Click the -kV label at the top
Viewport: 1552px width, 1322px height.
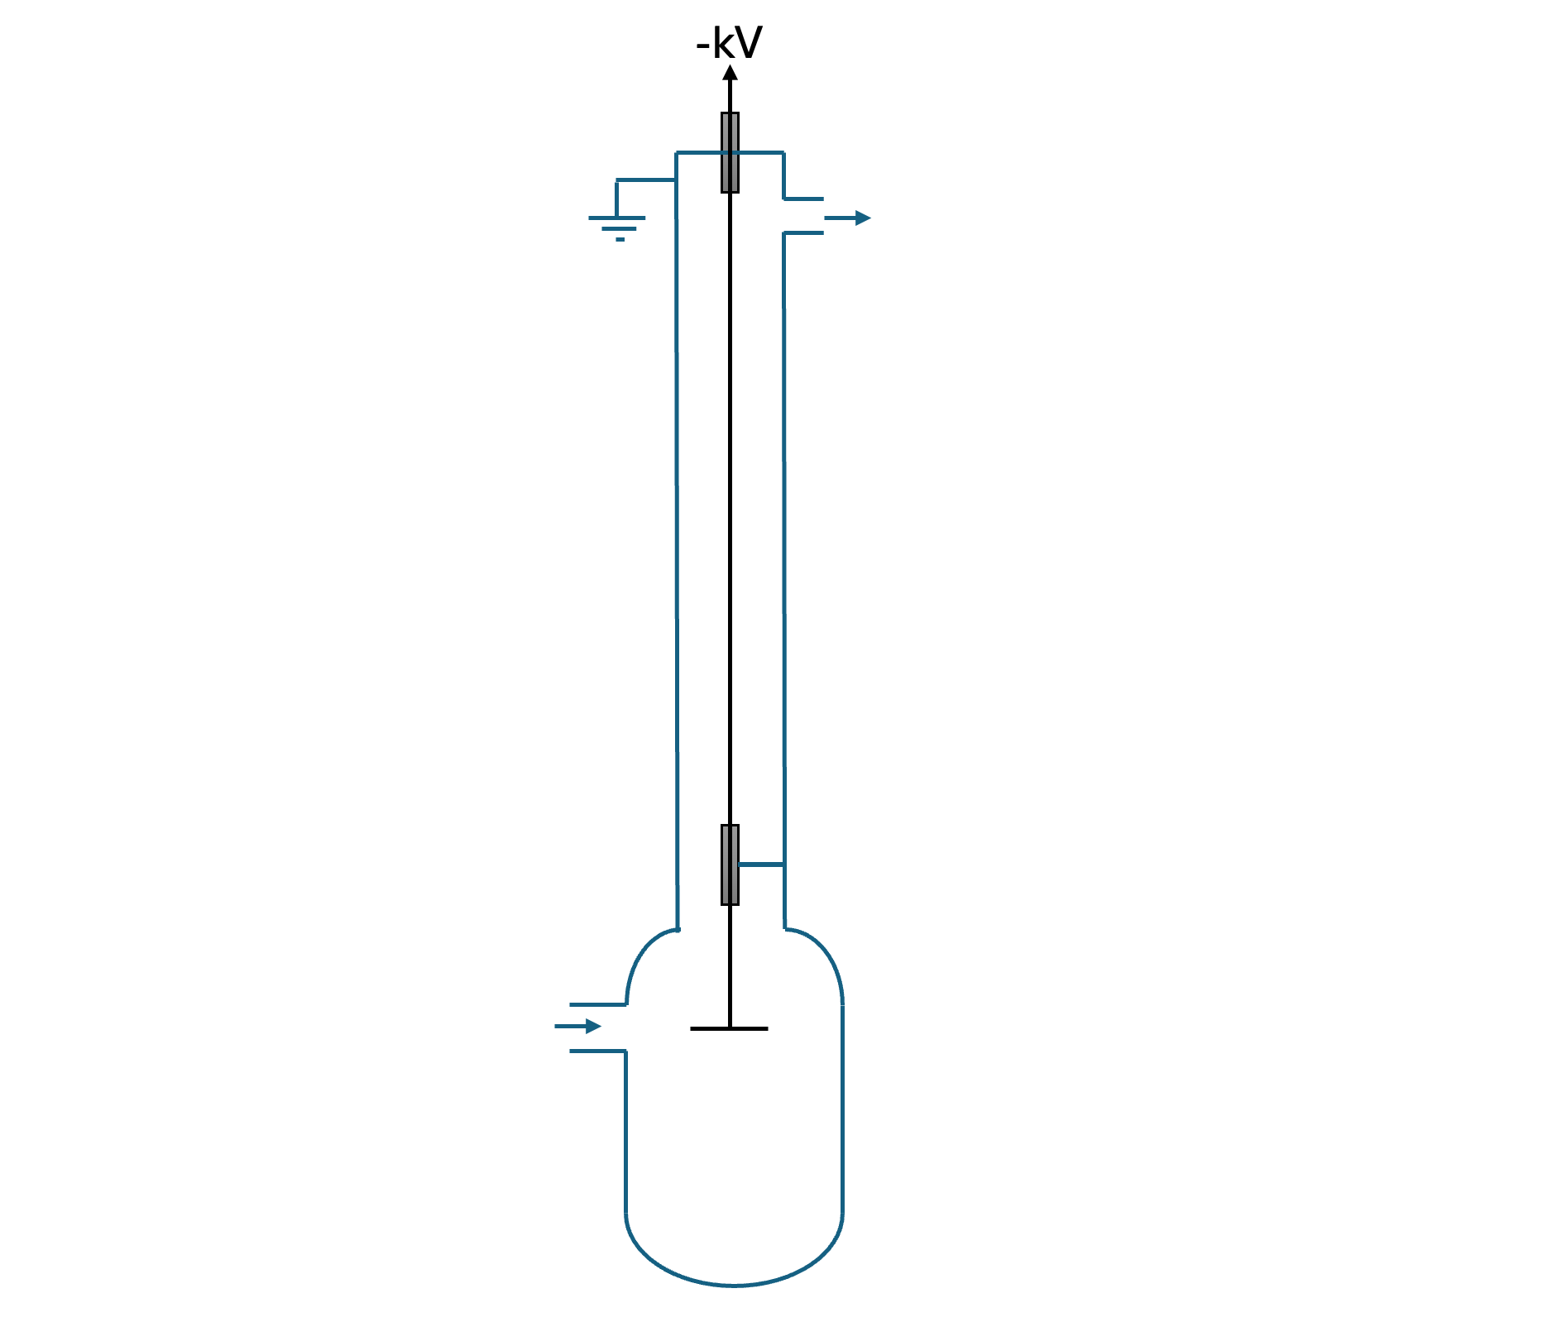tap(729, 43)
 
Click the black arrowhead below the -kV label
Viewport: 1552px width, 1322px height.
tap(730, 73)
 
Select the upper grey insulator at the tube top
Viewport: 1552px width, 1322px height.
tap(730, 152)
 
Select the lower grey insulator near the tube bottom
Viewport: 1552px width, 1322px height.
tap(730, 865)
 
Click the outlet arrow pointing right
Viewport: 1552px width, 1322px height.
tap(847, 218)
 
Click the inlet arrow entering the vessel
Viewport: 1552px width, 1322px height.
tap(577, 1027)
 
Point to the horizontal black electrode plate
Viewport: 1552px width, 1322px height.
tap(729, 1028)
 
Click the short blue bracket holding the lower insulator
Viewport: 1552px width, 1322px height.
tap(761, 865)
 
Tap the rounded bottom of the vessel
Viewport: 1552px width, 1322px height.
tap(734, 1285)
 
